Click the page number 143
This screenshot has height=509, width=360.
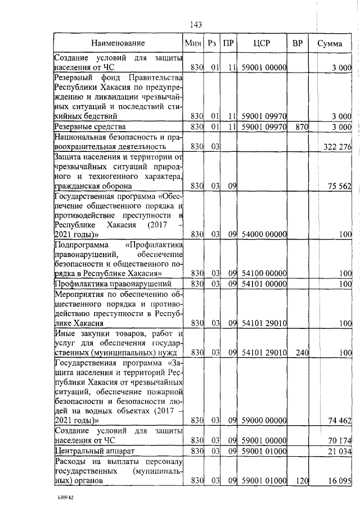coord(196,24)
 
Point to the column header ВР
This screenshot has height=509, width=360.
coord(297,43)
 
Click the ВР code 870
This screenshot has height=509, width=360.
coord(301,127)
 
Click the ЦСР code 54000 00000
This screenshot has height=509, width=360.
coord(264,233)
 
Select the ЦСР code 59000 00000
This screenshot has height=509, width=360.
coord(264,420)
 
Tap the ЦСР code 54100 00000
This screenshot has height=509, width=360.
coord(264,273)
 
